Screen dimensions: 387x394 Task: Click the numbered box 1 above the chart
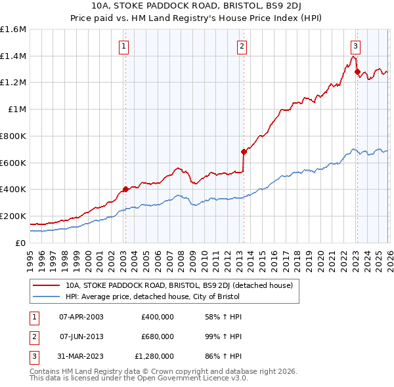click(x=124, y=46)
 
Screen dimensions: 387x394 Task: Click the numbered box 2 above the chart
click(x=242, y=46)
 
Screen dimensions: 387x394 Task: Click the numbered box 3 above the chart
click(x=355, y=46)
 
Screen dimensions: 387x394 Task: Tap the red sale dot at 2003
click(x=125, y=190)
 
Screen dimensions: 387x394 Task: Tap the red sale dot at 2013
click(x=244, y=152)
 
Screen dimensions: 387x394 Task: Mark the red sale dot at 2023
click(x=357, y=72)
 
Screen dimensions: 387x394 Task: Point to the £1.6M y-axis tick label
click(x=13, y=30)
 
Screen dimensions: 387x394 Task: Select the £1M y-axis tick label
click(x=17, y=110)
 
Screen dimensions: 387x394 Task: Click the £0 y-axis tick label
click(x=21, y=243)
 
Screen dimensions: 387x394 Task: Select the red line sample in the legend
click(x=46, y=286)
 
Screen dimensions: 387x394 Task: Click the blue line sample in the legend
click(x=46, y=297)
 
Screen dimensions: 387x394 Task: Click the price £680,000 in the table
click(x=157, y=336)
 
